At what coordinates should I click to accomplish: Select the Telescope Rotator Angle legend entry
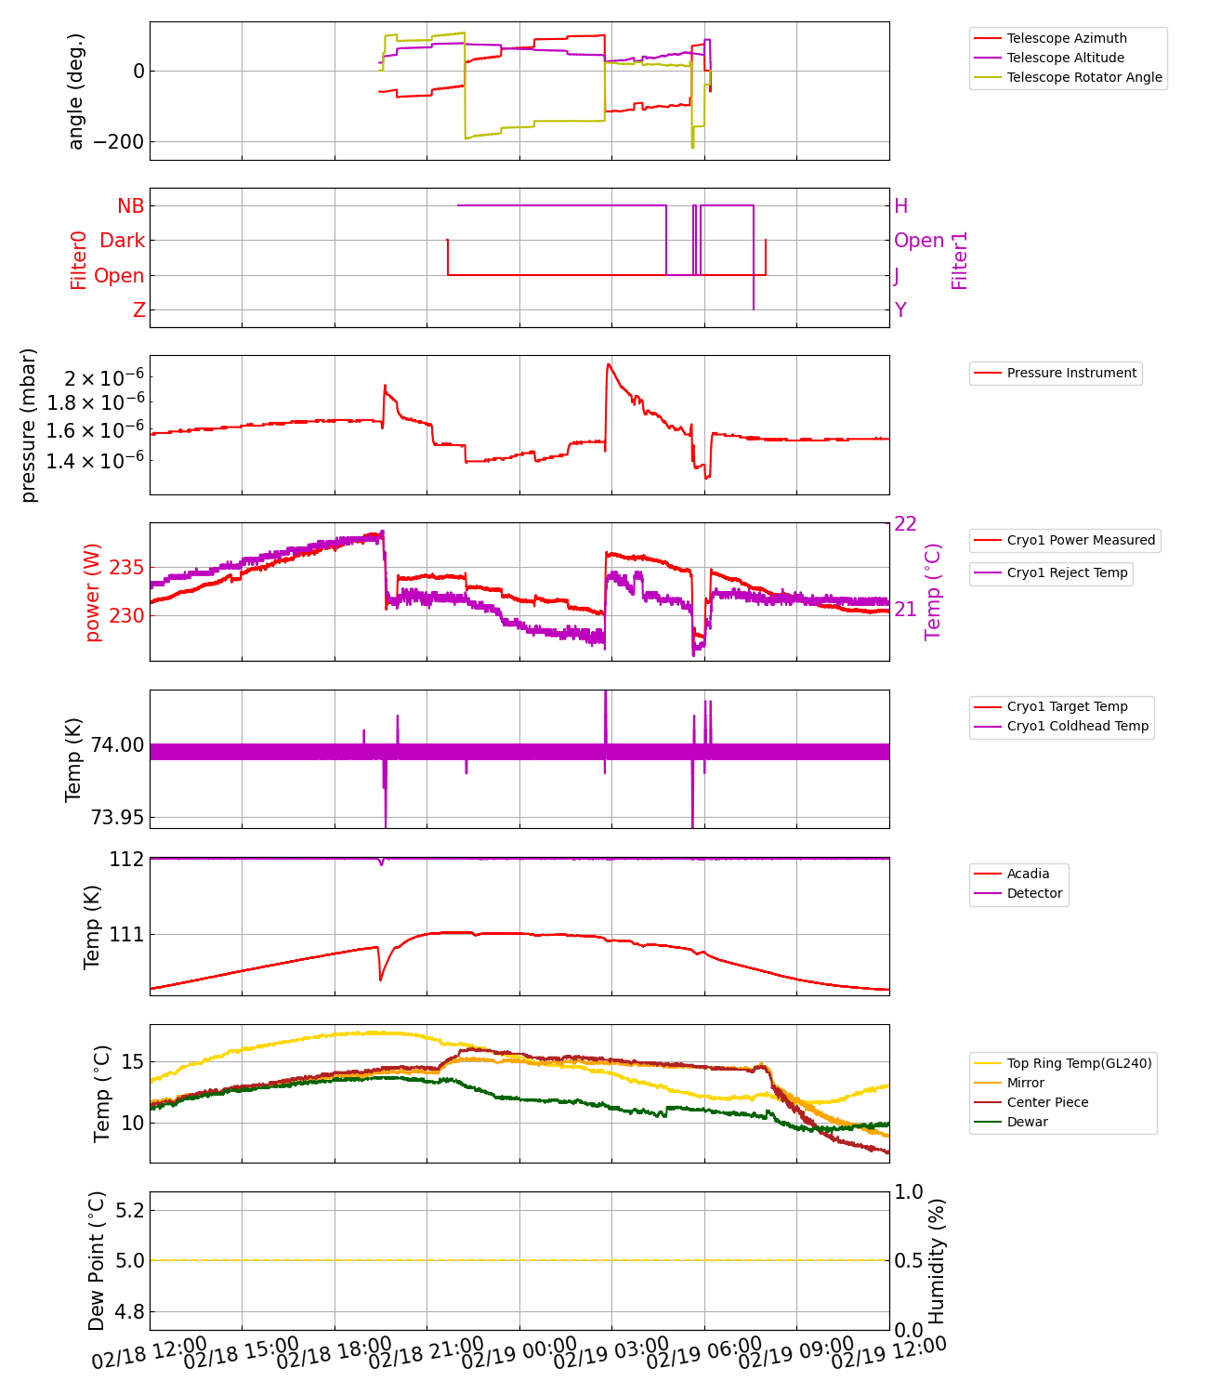(1083, 77)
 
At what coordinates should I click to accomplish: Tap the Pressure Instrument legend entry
(1070, 373)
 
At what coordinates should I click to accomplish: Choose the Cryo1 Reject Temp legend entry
(1067, 572)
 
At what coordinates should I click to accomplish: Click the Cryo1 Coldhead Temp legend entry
(1077, 726)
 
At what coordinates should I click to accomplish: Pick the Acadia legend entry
(1028, 874)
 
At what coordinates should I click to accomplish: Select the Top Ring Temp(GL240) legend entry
(1079, 1063)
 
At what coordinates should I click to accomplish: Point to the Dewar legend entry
(1027, 1122)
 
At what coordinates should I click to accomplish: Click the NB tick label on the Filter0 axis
(131, 206)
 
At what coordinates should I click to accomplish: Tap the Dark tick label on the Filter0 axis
(123, 241)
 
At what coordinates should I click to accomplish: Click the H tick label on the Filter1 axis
(900, 206)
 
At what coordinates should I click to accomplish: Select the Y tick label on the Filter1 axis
(900, 310)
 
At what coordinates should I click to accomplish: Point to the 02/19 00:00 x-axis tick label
(519, 1352)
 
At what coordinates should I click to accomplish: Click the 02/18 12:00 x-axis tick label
(150, 1352)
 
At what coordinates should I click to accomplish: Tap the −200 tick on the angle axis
(113, 142)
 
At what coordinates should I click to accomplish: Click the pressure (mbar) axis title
(29, 425)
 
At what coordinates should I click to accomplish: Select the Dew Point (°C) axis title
(97, 1260)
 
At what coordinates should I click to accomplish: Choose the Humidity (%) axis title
(937, 1260)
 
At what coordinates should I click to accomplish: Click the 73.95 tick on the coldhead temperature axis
(117, 818)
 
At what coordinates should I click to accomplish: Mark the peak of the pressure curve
(608, 364)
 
